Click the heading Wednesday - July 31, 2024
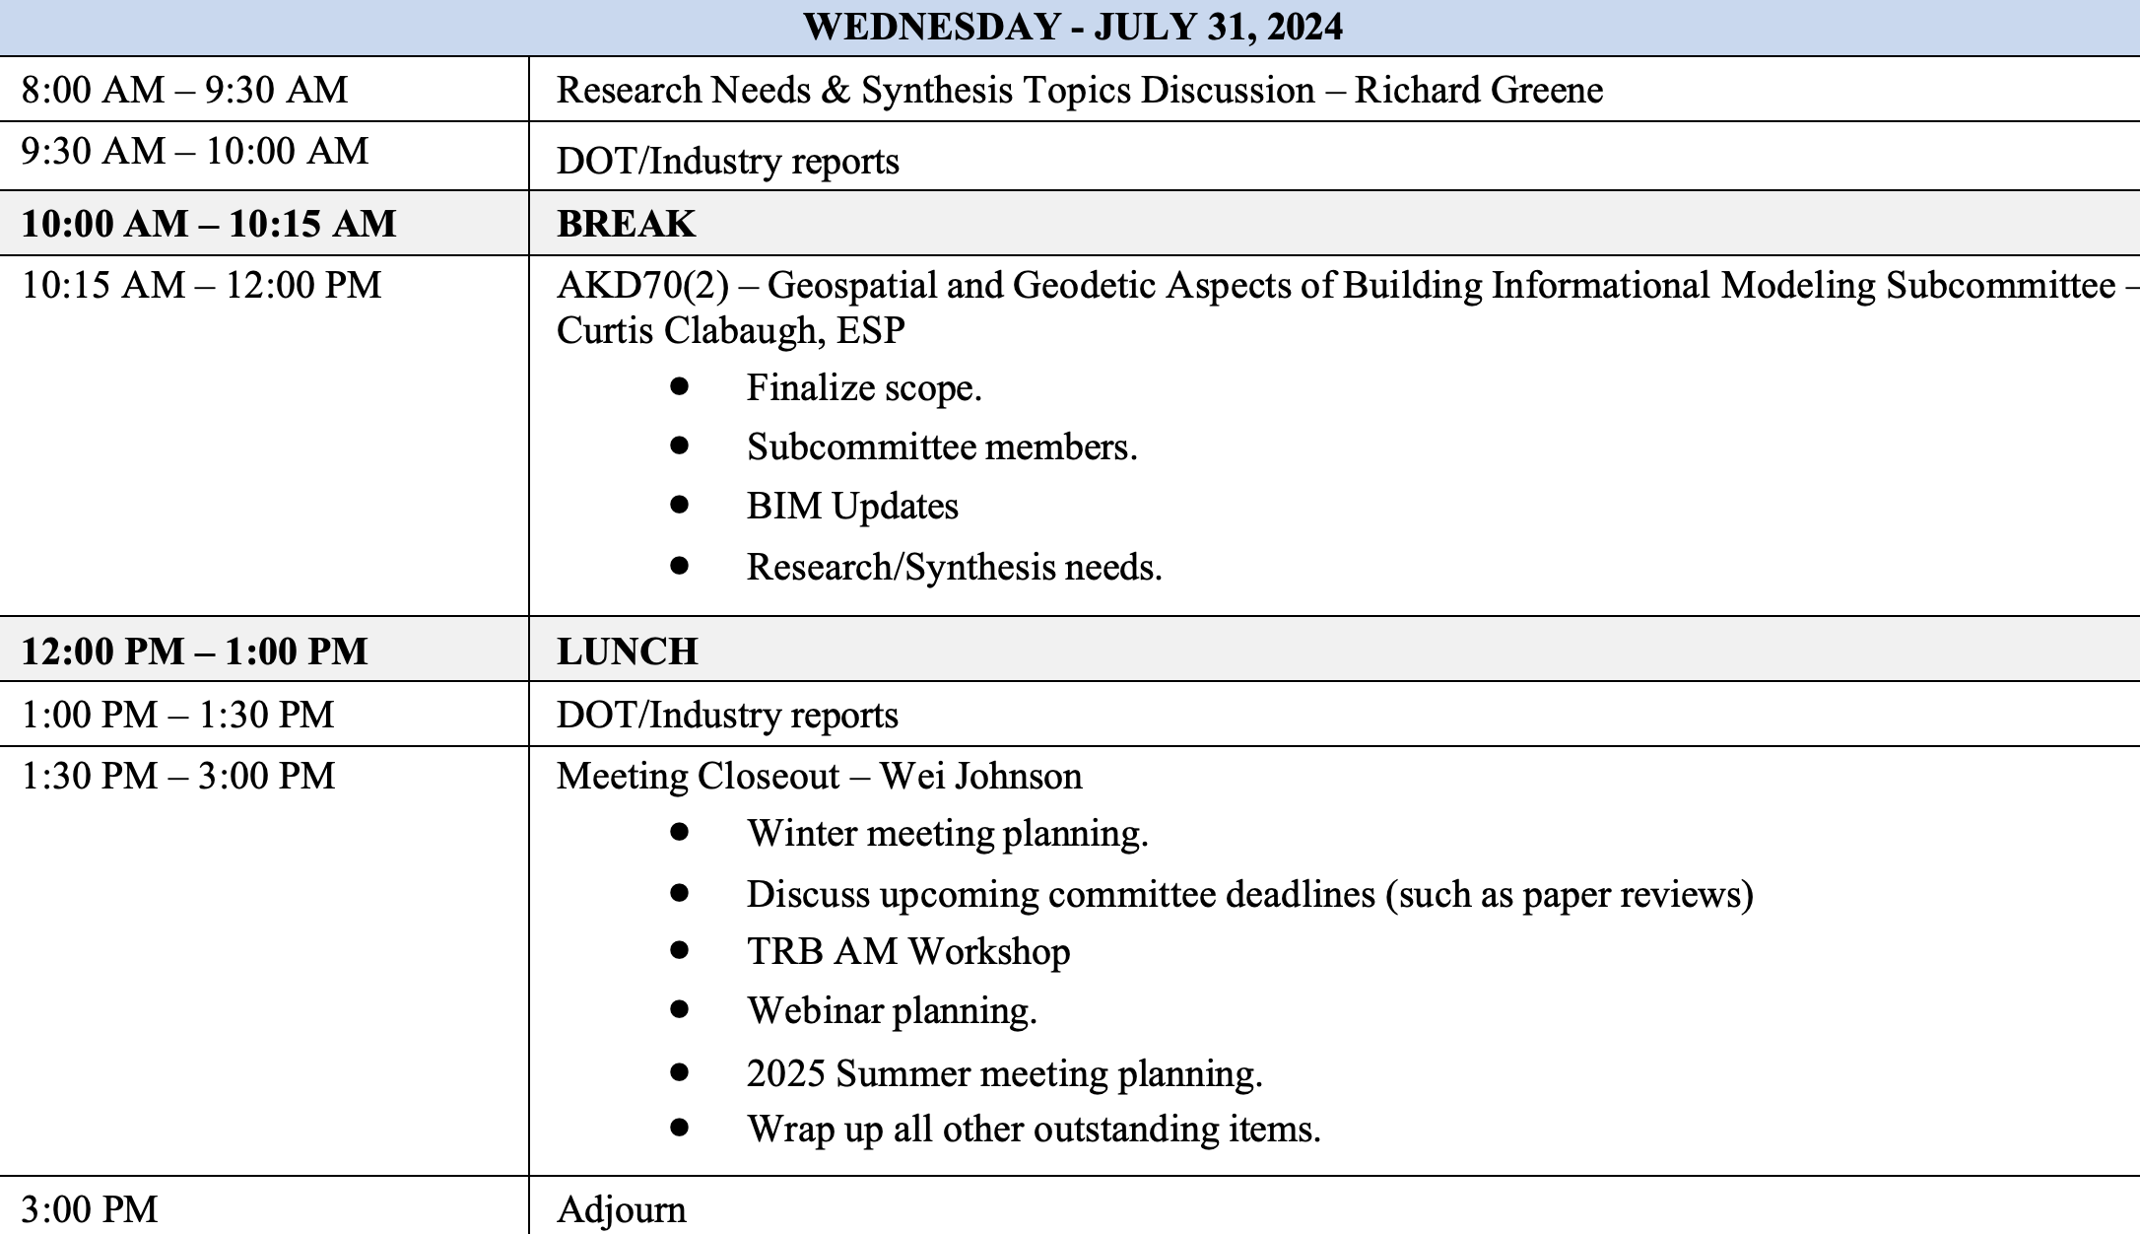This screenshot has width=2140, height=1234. (x=1072, y=27)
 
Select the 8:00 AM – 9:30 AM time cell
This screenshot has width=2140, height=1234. (x=184, y=90)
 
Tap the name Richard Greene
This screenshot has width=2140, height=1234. (x=1478, y=90)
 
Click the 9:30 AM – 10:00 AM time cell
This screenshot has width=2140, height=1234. (x=194, y=151)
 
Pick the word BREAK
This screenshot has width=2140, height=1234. (x=626, y=224)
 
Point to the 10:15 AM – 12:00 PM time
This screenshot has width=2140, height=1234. (x=201, y=285)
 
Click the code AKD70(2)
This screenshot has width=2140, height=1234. (x=642, y=285)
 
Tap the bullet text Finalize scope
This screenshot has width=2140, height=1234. (x=864, y=387)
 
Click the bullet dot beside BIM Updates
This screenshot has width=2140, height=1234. (x=679, y=505)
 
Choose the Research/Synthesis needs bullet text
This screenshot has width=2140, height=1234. (x=954, y=567)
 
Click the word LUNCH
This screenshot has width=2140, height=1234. (x=627, y=651)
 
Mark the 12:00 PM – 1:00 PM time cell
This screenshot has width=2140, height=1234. (x=194, y=651)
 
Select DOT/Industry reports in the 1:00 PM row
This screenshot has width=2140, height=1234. (x=727, y=715)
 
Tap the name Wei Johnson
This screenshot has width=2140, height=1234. (x=980, y=776)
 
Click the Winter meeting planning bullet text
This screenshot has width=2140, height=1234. (x=947, y=833)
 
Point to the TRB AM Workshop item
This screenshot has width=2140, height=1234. (x=907, y=951)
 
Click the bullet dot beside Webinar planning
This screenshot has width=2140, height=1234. (x=679, y=1009)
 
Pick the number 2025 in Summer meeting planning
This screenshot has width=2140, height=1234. (x=785, y=1072)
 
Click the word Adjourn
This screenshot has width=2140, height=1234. (x=621, y=1209)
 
